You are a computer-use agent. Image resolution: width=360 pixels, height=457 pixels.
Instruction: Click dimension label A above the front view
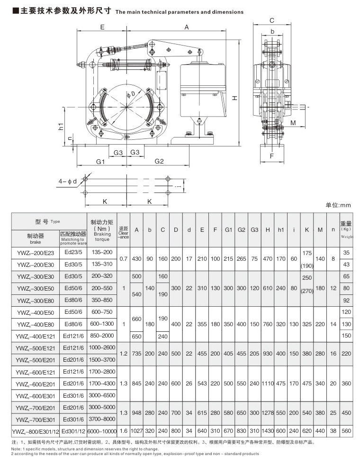pos(186,27)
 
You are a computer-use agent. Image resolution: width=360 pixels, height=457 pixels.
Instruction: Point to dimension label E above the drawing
pos(102,27)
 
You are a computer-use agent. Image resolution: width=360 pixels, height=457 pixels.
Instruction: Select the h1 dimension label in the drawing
pos(61,127)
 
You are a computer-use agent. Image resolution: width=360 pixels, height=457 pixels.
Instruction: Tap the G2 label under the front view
pos(159,162)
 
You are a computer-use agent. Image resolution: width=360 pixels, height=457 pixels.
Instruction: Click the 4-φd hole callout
pos(67,182)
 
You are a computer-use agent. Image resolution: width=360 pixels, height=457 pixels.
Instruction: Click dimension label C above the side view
pos(272,20)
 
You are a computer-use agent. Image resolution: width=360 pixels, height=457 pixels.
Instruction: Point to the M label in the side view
pos(293,123)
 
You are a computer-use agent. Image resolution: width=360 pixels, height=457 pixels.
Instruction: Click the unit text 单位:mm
pos(338,205)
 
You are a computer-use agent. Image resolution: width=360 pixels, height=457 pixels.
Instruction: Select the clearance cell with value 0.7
pos(123,259)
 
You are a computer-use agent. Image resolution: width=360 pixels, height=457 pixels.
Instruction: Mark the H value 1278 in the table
pos(268,413)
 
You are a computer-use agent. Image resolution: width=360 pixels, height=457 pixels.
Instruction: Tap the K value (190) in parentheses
pos(307,265)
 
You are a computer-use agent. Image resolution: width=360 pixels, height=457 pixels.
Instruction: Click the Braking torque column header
pos(102,228)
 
